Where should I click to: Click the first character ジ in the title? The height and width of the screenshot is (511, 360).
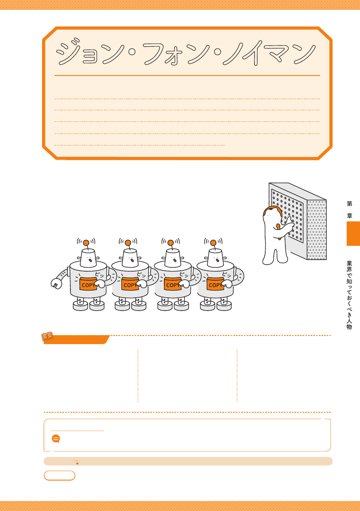pos(68,52)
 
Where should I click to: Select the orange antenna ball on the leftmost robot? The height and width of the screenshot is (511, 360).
pos(86,243)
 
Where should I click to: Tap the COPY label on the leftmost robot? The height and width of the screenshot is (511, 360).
pos(88,284)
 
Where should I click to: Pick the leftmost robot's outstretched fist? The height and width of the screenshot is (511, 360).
pos(56,283)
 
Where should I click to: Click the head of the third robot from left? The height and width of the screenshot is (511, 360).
pos(172,258)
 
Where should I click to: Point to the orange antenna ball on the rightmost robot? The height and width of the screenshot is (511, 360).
pos(213,243)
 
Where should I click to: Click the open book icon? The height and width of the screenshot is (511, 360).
pos(47,336)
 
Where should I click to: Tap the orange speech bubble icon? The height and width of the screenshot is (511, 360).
pos(56,438)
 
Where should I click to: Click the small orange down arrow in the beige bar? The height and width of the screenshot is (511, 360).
pos(76,462)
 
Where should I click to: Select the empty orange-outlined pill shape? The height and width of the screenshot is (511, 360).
pos(60,475)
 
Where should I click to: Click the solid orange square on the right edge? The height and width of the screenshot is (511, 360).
pos(353,233)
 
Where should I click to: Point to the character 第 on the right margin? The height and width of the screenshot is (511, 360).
pos(350,204)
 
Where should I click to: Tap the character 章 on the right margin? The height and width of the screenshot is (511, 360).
pos(350,215)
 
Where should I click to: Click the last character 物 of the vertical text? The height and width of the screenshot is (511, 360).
pos(349,327)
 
